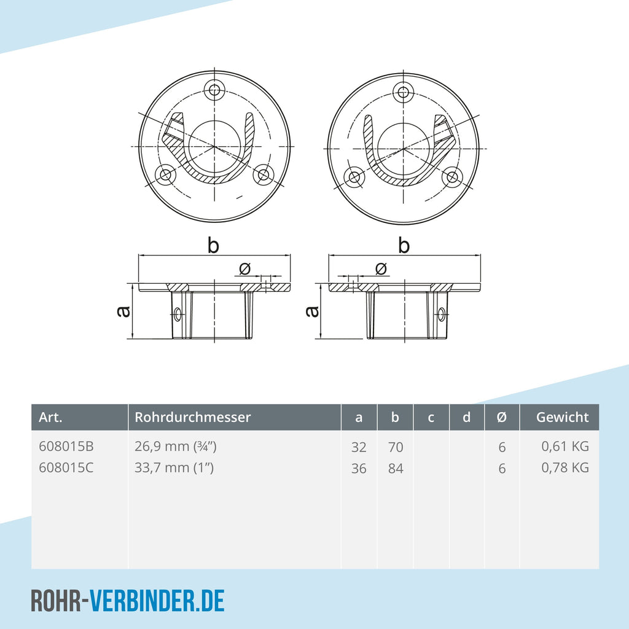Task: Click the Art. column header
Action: [x=50, y=417]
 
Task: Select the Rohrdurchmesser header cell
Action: [x=192, y=417]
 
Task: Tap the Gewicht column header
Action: [x=563, y=417]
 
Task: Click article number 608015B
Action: [x=66, y=447]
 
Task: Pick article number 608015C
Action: [x=66, y=467]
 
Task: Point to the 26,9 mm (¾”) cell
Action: [x=176, y=447]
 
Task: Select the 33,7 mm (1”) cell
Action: [x=174, y=467]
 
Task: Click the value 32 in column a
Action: [x=359, y=447]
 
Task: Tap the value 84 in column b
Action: [x=396, y=468]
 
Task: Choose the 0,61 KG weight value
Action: [x=565, y=447]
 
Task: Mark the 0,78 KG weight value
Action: [x=565, y=467]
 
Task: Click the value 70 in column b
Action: [x=396, y=447]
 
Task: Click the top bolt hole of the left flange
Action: [x=214, y=89]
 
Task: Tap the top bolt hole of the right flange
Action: [x=404, y=93]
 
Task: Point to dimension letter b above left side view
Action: [x=213, y=245]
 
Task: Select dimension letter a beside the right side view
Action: [x=312, y=311]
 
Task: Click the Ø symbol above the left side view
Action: [x=244, y=269]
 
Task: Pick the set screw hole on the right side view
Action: [x=441, y=313]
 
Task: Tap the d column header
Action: [x=466, y=417]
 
